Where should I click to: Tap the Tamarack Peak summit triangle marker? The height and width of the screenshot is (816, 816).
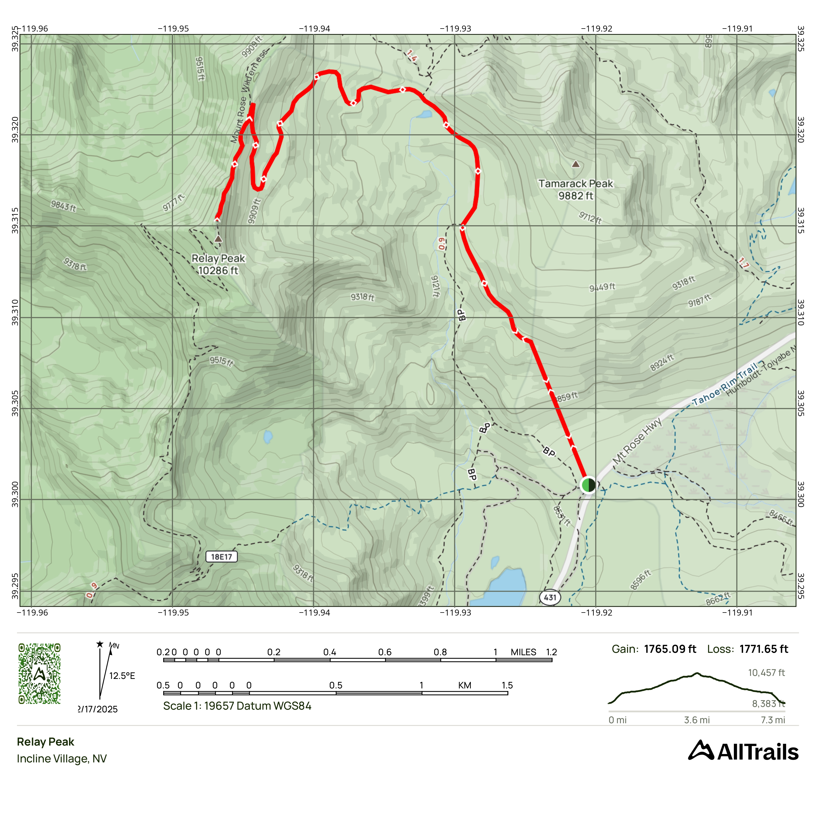click(575, 164)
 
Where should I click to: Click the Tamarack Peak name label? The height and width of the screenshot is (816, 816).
click(575, 184)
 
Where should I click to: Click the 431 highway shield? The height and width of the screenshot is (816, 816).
click(550, 597)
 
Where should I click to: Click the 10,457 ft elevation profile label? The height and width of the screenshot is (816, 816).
click(766, 672)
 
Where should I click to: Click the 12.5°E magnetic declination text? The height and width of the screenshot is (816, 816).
click(122, 676)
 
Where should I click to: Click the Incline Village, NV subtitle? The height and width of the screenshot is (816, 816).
click(62, 759)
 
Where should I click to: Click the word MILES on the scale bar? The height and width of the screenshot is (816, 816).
click(523, 652)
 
